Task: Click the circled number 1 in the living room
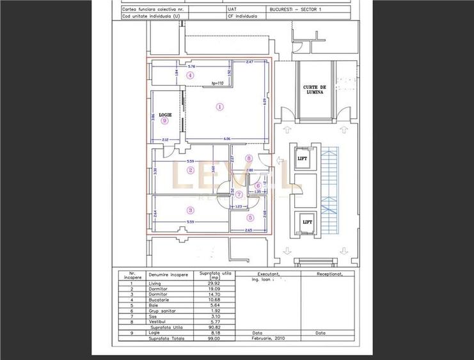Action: [x=220, y=107]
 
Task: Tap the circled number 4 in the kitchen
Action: [x=190, y=75]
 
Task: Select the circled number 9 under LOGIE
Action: [x=164, y=120]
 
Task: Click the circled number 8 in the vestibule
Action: [x=249, y=158]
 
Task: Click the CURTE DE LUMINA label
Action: [x=314, y=90]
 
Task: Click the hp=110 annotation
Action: [x=217, y=83]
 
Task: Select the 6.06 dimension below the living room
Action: [x=227, y=139]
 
